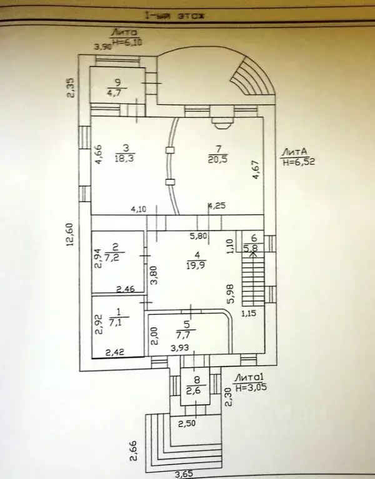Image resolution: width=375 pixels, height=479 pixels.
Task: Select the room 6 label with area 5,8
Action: [254, 243]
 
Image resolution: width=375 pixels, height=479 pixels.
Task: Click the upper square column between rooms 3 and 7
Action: [169, 150]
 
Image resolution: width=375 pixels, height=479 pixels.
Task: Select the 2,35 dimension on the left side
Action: [72, 87]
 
